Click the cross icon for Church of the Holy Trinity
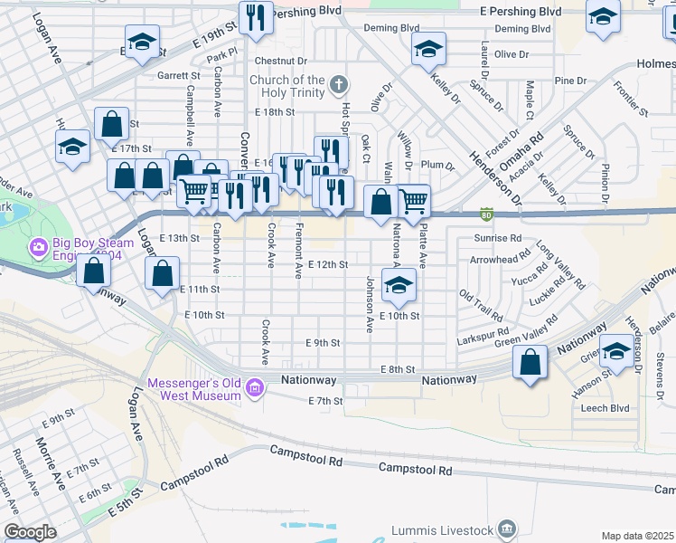point(339,86)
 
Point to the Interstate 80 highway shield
point(486,214)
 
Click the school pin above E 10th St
point(397,286)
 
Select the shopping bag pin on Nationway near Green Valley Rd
point(530,363)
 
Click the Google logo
point(30,532)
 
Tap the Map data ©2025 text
point(638,536)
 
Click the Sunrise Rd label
point(497,238)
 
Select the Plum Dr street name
point(437,165)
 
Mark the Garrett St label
point(178,76)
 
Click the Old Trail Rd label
point(481,306)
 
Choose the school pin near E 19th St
point(142,43)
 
